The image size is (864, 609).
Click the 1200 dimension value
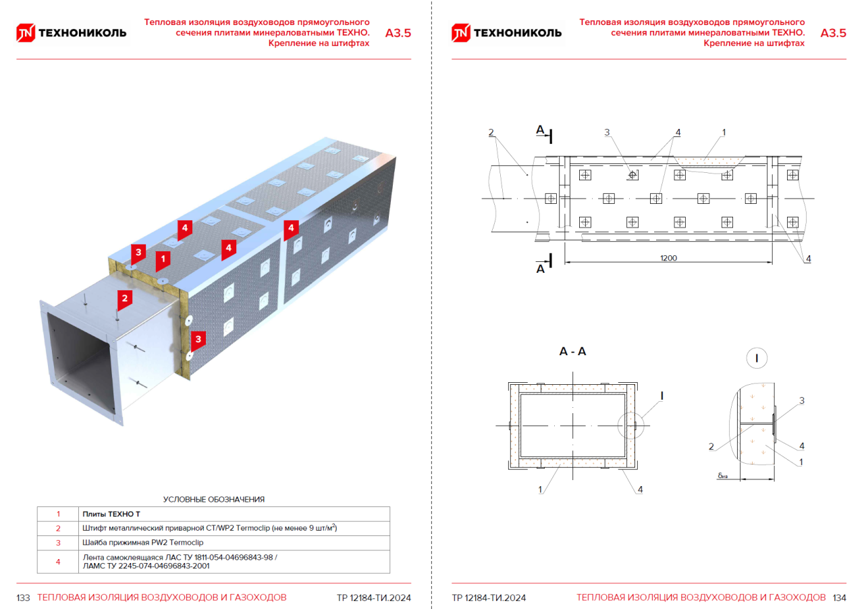(x=669, y=258)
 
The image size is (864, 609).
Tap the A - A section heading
(x=572, y=352)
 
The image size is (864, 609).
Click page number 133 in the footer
(x=24, y=598)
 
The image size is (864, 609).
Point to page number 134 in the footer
(x=839, y=598)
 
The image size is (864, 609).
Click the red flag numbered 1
(x=162, y=259)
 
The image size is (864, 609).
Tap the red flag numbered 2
(x=124, y=297)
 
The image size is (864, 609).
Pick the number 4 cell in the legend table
(x=58, y=562)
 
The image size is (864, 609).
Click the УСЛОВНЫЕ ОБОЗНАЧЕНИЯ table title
(x=213, y=500)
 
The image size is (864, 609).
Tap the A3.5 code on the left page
(x=398, y=33)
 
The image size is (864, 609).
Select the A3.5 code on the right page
(x=833, y=33)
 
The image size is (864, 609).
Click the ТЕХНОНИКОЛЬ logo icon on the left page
(x=25, y=33)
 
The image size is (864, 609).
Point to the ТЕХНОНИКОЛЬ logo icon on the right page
(x=460, y=33)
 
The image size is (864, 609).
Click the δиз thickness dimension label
(x=723, y=476)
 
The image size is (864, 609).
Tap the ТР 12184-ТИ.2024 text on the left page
(x=373, y=598)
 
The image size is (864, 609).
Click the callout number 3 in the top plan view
(x=607, y=133)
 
